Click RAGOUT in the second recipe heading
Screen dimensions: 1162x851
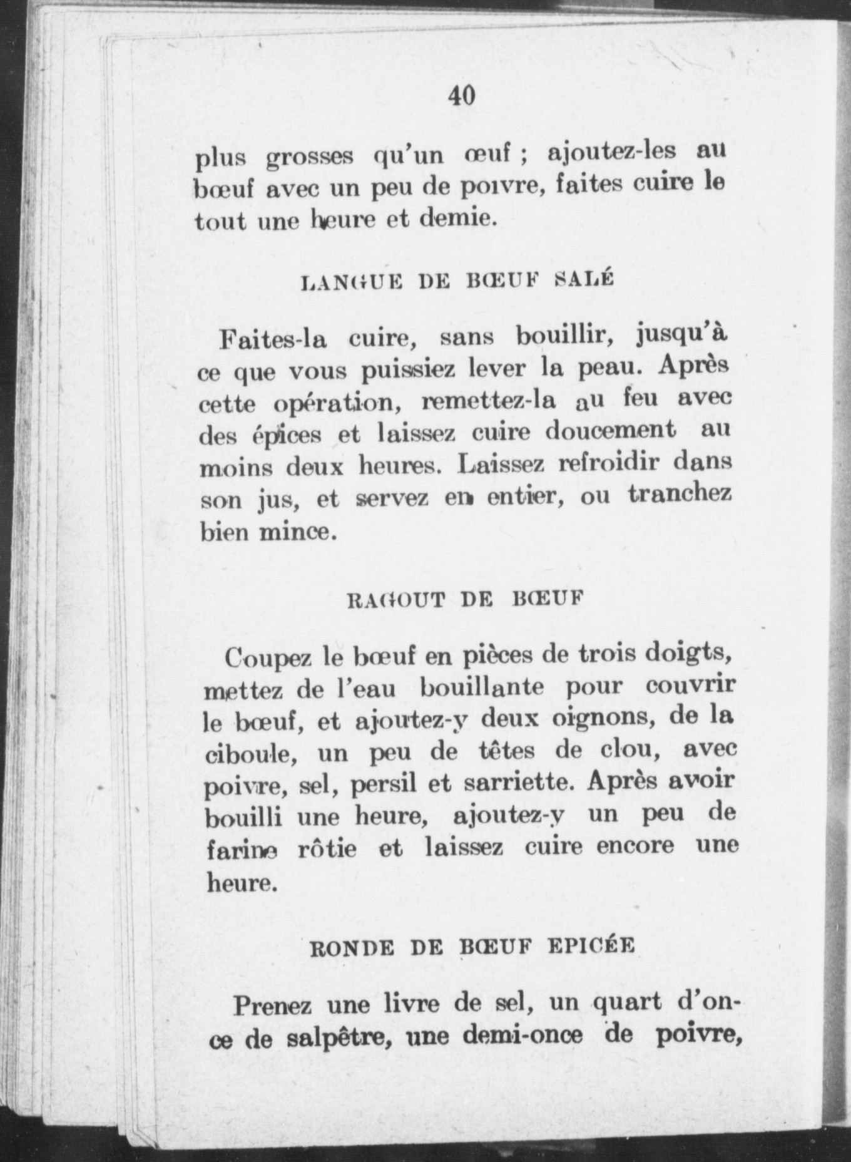pos(395,601)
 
